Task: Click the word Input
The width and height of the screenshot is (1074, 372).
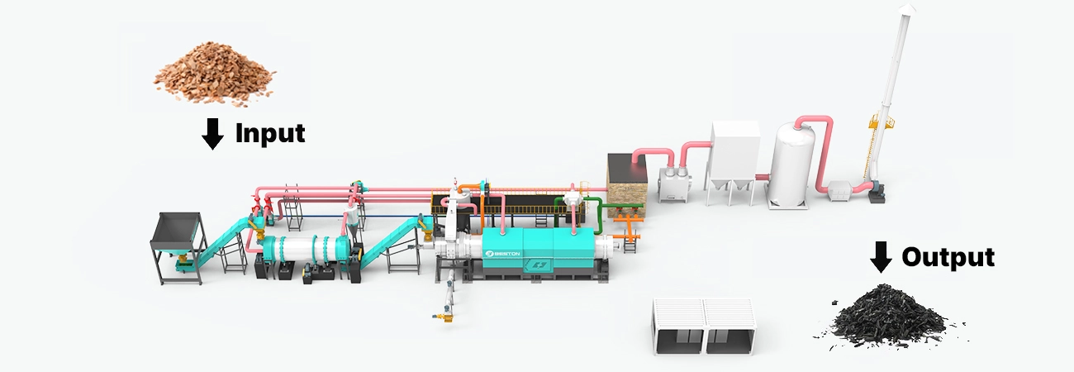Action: [270, 133]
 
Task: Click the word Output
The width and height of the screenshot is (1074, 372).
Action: [948, 257]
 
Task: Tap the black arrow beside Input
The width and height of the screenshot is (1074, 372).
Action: [212, 134]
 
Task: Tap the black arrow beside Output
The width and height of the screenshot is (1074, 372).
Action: [881, 257]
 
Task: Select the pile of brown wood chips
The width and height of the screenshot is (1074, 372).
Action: [214, 72]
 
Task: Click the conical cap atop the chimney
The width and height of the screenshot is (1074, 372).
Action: [906, 9]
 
